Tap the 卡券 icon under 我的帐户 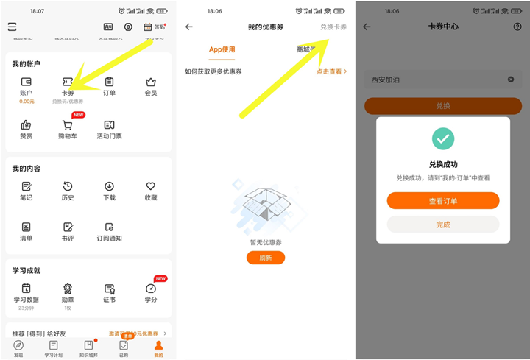click(x=68, y=82)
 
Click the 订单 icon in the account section click(x=109, y=82)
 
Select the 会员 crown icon click(x=151, y=82)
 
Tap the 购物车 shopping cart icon click(x=68, y=125)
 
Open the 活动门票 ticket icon click(x=109, y=125)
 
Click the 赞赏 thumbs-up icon click(x=26, y=125)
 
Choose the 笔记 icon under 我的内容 click(x=26, y=186)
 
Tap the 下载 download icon click(x=109, y=186)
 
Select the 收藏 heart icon click(x=151, y=186)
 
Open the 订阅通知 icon click(x=109, y=227)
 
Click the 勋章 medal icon click(x=68, y=289)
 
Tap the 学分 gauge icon click(x=151, y=289)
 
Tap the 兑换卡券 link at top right click(x=333, y=27)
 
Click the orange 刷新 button click(x=266, y=258)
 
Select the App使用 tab click(x=222, y=49)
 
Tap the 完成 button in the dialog click(x=443, y=225)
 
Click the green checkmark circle click(x=443, y=138)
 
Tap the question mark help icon click(x=517, y=27)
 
